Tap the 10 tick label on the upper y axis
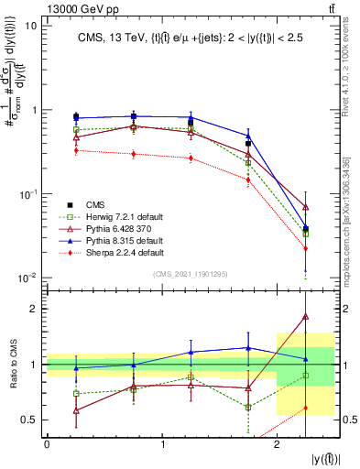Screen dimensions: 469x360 pyautogui.click(x=30, y=26)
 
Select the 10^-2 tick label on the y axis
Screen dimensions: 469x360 pyautogui.click(x=27, y=278)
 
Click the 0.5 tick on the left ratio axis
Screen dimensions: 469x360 pyautogui.click(x=29, y=420)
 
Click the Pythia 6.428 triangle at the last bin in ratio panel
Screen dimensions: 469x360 pyautogui.click(x=305, y=316)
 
